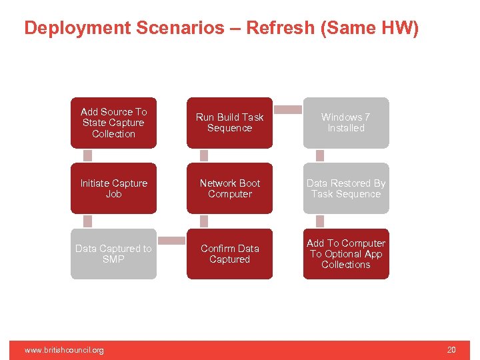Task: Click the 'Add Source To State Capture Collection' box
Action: [x=113, y=123]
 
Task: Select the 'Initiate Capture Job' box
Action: [x=113, y=188]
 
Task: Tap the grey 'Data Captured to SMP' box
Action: [x=113, y=253]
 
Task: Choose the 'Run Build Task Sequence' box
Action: [x=229, y=123]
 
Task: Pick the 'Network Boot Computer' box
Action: [x=229, y=188]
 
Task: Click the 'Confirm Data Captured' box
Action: [x=229, y=253]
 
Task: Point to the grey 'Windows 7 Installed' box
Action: [x=345, y=123]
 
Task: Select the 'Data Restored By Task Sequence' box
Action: [x=345, y=188]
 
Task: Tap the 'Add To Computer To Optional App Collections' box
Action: [x=345, y=253]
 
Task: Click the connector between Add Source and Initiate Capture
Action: [x=87, y=155]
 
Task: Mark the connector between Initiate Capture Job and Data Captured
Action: [x=87, y=221]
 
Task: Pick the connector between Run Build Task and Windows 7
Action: [x=288, y=109]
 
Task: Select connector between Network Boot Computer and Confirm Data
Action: [x=204, y=221]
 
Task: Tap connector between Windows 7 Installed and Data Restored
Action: [x=320, y=155]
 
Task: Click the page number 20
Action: [x=451, y=350]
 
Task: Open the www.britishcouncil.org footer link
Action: [x=64, y=350]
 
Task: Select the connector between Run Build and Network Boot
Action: [x=204, y=155]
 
